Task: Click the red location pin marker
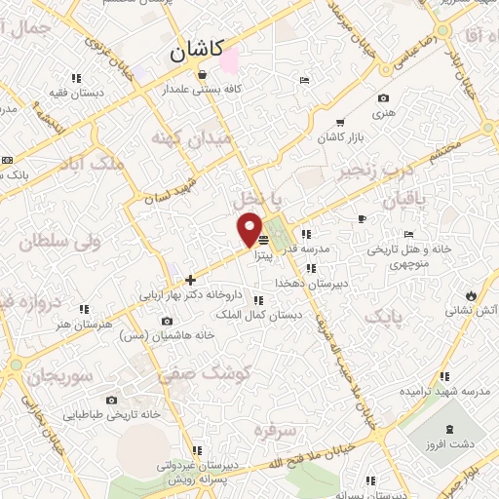click(x=249, y=230)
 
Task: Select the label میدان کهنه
click(x=191, y=139)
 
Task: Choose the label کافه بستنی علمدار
click(x=202, y=89)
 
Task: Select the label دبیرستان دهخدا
click(x=311, y=282)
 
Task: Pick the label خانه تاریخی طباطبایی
click(x=111, y=414)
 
